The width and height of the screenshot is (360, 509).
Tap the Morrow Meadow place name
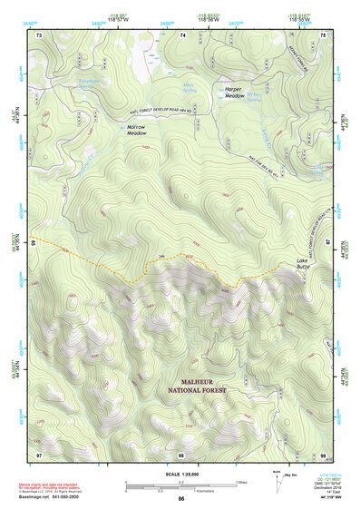136,129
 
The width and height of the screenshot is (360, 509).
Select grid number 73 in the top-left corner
39,34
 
